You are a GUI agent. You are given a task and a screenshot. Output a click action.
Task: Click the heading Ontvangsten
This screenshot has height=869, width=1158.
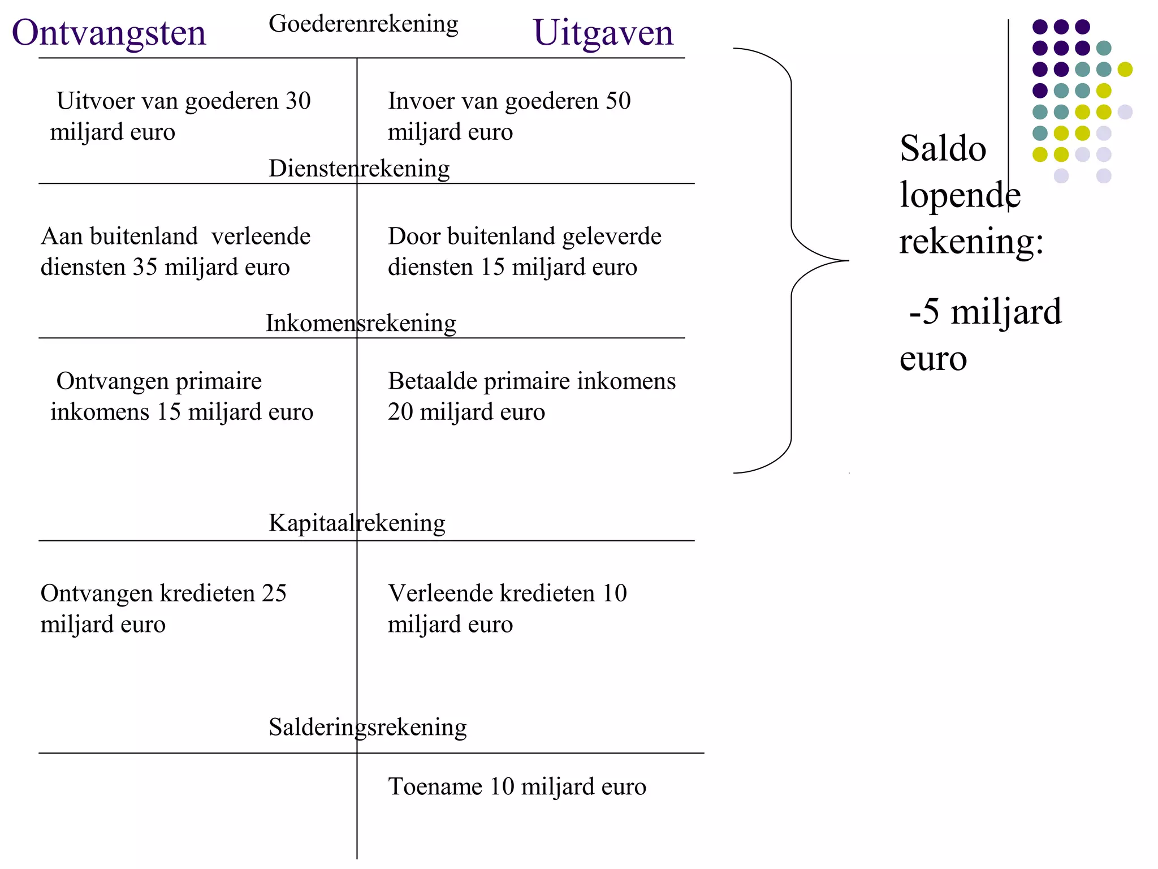(109, 33)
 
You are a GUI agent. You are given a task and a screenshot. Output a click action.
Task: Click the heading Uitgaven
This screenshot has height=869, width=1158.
(603, 33)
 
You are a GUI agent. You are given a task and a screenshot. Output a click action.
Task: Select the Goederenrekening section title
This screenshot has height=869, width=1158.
(363, 24)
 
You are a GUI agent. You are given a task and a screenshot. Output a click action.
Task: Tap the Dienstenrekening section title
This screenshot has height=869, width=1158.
(359, 169)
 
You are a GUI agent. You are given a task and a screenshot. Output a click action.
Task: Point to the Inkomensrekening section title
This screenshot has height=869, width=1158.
(361, 323)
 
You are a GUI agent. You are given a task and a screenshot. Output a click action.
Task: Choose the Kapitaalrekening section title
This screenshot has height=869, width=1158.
(357, 523)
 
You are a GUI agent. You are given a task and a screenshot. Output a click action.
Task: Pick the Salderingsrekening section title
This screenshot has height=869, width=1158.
(368, 727)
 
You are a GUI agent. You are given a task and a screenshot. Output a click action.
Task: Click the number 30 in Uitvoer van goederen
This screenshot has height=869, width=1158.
(298, 101)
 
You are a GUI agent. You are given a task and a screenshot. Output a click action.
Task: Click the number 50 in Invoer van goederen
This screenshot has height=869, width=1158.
(618, 101)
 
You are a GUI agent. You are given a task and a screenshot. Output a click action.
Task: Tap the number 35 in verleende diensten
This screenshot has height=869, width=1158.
(145, 267)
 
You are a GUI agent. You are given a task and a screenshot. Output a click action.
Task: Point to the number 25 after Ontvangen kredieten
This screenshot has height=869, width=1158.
(274, 593)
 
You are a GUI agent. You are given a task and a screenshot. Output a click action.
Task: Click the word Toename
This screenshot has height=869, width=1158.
(435, 787)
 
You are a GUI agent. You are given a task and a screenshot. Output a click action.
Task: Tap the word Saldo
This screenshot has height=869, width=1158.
(943, 149)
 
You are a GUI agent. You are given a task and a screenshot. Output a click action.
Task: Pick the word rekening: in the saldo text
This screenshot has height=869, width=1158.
(971, 242)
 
